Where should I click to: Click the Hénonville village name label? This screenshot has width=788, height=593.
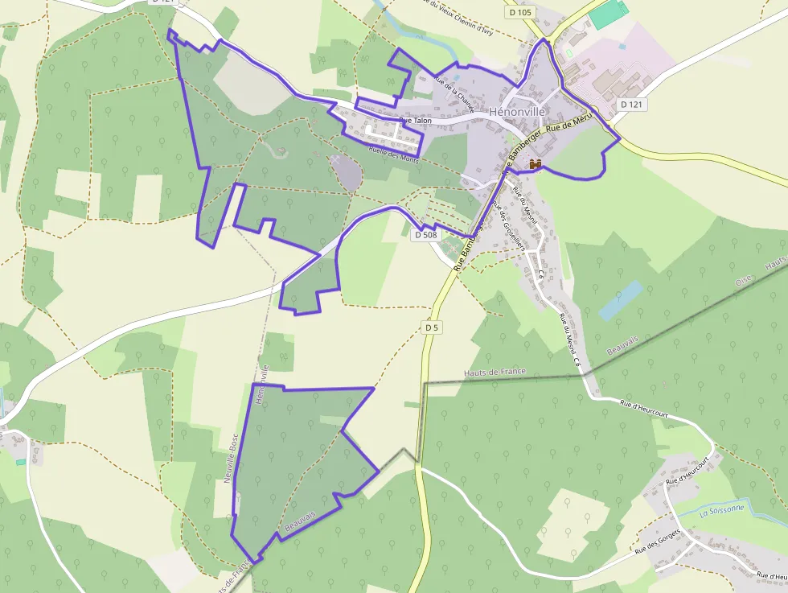[x=517, y=112]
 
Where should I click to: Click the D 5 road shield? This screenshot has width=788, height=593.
[x=433, y=327]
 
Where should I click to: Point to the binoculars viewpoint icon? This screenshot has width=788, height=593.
[x=536, y=164]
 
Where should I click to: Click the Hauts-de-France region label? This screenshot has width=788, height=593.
[x=495, y=373]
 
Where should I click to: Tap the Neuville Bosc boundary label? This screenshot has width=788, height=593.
[x=232, y=459]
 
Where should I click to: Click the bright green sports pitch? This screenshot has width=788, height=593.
[x=607, y=15]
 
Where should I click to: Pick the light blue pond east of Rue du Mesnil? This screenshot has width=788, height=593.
[x=620, y=300]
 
